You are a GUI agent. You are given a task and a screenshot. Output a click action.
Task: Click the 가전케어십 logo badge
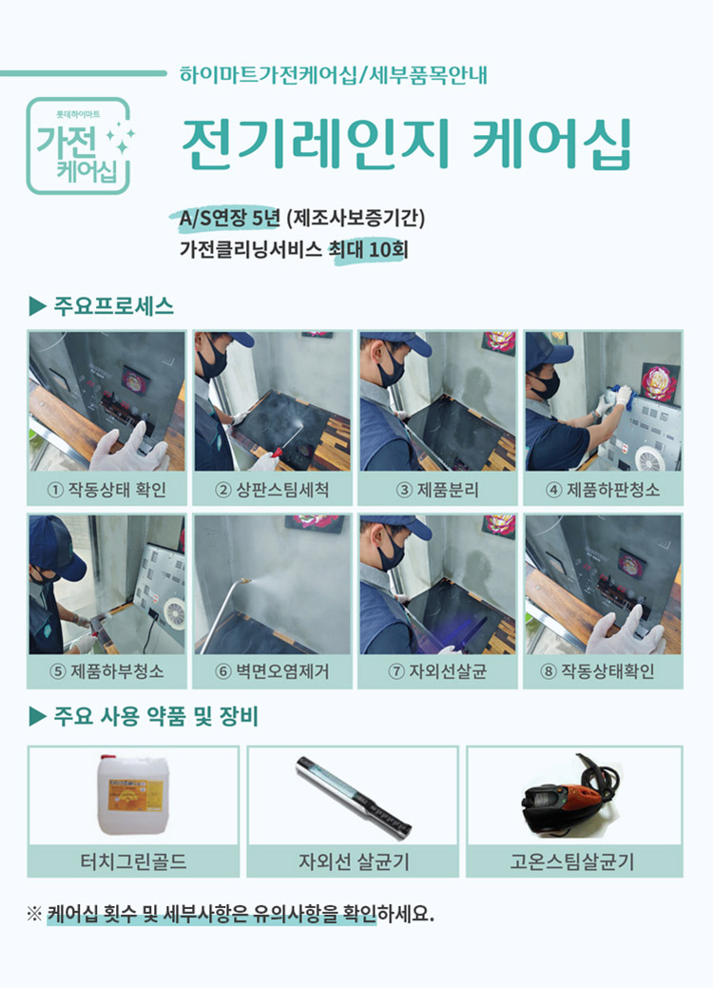[x=79, y=145]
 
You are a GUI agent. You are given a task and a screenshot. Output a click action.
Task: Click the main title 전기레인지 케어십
[x=406, y=145]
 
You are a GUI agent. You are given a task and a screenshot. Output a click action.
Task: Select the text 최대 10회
[x=370, y=252]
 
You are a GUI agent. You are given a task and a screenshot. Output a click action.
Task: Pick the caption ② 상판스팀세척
[x=272, y=491]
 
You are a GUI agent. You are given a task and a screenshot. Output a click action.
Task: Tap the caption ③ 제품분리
[x=437, y=491]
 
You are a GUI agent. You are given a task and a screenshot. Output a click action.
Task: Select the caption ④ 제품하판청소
[x=603, y=491]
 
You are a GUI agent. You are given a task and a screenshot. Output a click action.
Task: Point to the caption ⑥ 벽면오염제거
[x=272, y=671]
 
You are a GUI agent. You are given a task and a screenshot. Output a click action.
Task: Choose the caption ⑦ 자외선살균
[x=437, y=671]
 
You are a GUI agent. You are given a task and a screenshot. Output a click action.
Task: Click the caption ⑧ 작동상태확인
[x=603, y=671]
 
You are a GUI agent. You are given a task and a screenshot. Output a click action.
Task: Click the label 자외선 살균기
[x=353, y=862]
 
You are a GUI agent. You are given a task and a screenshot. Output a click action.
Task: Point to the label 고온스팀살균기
[x=572, y=862]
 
